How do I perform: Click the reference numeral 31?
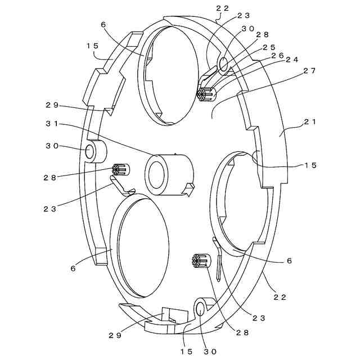[x=51, y=124]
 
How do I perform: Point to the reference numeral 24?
[x=292, y=59]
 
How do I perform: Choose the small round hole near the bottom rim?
[x=201, y=308]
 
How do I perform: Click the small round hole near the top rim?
[x=223, y=64]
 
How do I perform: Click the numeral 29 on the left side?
[x=52, y=105]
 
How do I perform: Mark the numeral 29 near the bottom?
[x=115, y=335]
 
